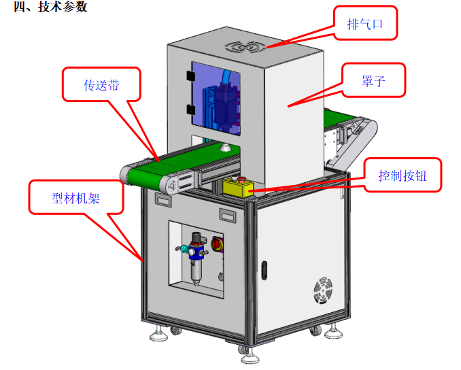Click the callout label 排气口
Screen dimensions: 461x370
point(365,24)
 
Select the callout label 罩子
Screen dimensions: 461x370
point(373,80)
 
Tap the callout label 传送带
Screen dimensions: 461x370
point(101,85)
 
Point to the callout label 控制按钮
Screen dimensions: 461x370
point(403,175)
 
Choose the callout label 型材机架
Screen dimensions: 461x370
point(75,198)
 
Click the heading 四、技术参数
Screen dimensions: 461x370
point(50,7)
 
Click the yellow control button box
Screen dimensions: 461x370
point(238,188)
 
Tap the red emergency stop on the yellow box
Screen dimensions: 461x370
point(242,180)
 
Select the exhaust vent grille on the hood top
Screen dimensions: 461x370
point(245,47)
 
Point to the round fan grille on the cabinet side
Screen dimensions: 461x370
point(323,290)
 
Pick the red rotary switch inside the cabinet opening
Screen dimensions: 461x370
point(217,243)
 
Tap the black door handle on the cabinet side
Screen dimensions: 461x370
point(264,270)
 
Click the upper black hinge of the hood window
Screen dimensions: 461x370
point(190,76)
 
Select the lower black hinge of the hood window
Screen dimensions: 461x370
point(190,110)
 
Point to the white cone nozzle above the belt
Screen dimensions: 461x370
point(225,147)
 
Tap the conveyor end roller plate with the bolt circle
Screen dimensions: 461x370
point(171,186)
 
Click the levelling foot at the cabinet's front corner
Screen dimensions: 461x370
point(250,356)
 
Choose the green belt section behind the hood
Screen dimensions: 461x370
point(341,117)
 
